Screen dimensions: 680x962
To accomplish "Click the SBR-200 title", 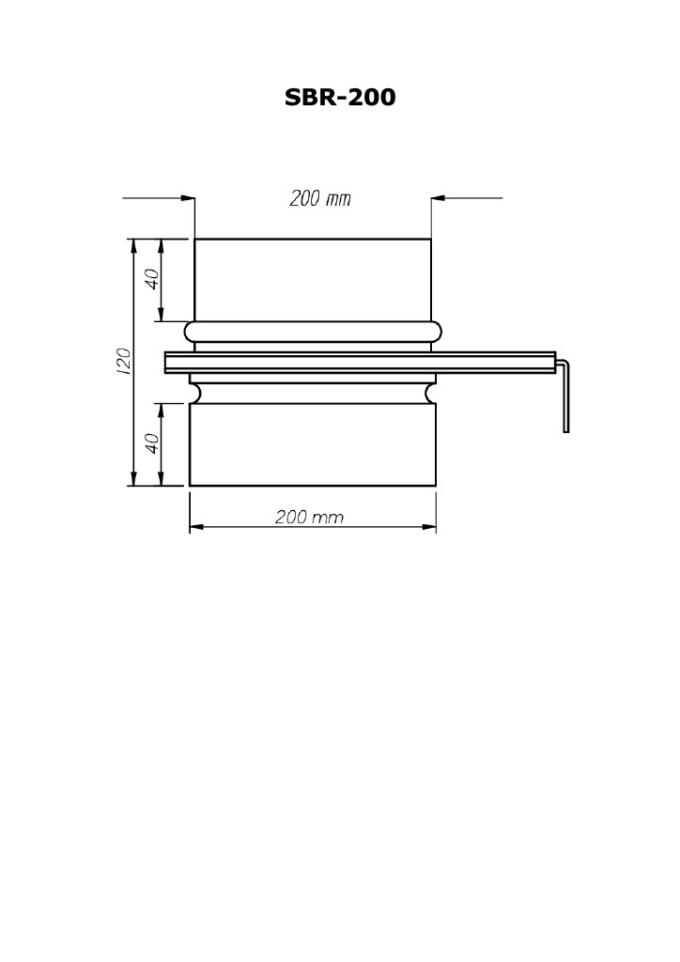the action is coord(340,97).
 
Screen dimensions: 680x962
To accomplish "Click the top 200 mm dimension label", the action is coord(320,198).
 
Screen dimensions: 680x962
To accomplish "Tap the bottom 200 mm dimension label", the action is coord(309,517).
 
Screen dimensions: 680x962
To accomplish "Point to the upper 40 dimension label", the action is coord(152,279).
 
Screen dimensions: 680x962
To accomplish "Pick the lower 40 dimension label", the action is coord(152,442).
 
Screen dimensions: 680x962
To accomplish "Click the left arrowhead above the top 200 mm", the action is coord(188,197).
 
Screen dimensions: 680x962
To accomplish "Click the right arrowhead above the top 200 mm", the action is coord(438,197).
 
